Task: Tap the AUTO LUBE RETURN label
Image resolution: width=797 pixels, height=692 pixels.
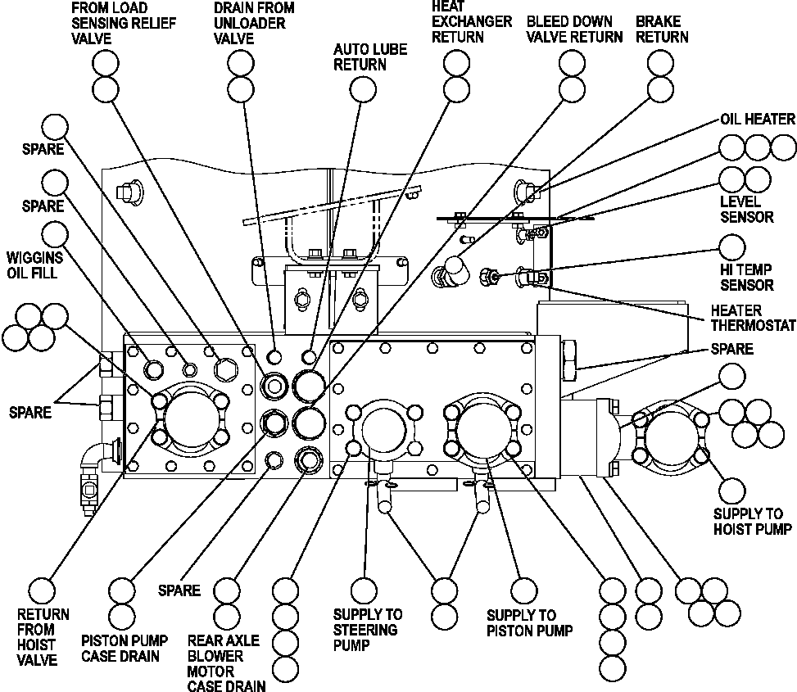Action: tap(369, 57)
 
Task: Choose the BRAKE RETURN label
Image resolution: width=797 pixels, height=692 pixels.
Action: tap(662, 29)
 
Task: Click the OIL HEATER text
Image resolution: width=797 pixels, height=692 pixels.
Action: tap(757, 120)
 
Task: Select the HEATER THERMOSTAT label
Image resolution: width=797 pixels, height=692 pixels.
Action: tap(753, 318)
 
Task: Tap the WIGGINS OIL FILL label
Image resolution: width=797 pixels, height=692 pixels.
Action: tap(33, 265)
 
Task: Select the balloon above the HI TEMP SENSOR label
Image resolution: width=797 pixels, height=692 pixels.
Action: tap(732, 247)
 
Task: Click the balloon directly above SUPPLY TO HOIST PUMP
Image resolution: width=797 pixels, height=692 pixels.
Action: tap(731, 490)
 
